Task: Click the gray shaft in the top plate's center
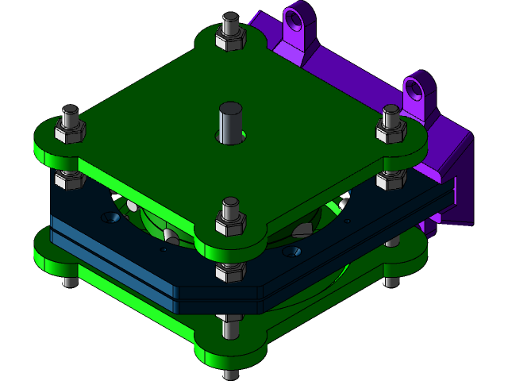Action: click(x=230, y=122)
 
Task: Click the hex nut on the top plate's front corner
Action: click(x=231, y=225)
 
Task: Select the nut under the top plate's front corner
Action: click(x=230, y=272)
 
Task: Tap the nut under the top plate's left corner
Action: click(x=70, y=179)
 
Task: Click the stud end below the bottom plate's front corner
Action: click(x=231, y=374)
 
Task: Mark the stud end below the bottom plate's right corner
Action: click(x=391, y=280)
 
